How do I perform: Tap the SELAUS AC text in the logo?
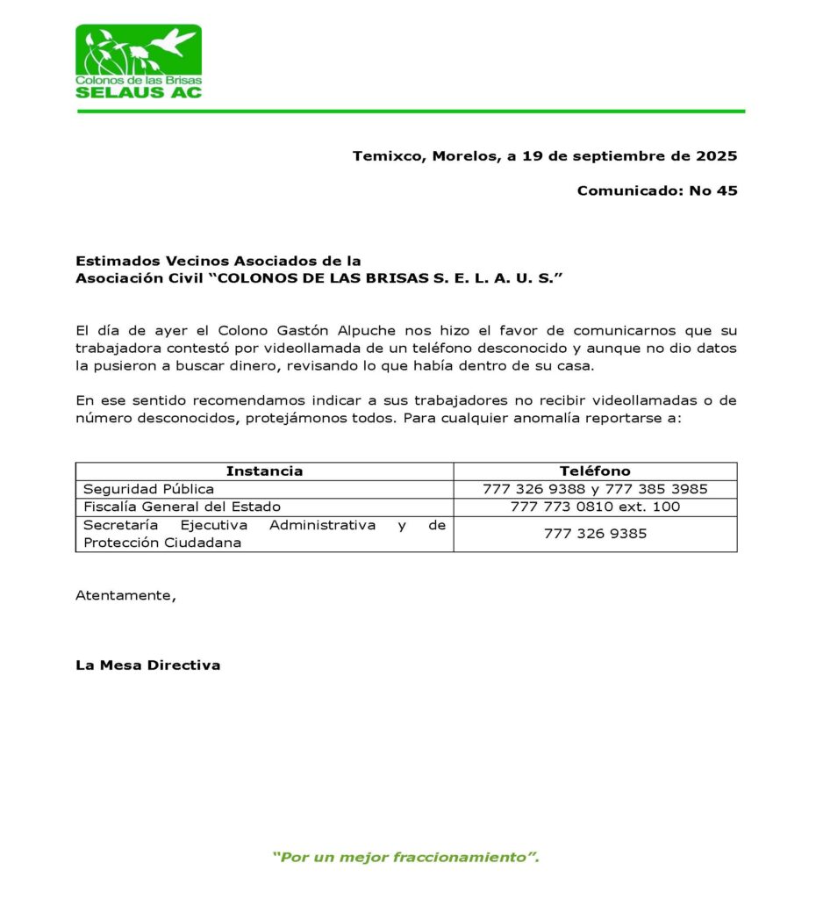[139, 91]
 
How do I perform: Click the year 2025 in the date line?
[716, 156]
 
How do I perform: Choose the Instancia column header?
[264, 471]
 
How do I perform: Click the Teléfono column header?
[595, 471]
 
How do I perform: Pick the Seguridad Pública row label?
[148, 489]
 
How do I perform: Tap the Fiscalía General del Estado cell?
[182, 507]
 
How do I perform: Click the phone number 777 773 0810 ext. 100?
[595, 507]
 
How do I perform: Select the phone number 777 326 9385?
[595, 533]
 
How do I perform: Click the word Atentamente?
[125, 595]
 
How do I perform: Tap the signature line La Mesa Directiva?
[147, 665]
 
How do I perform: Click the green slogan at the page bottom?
[405, 857]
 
